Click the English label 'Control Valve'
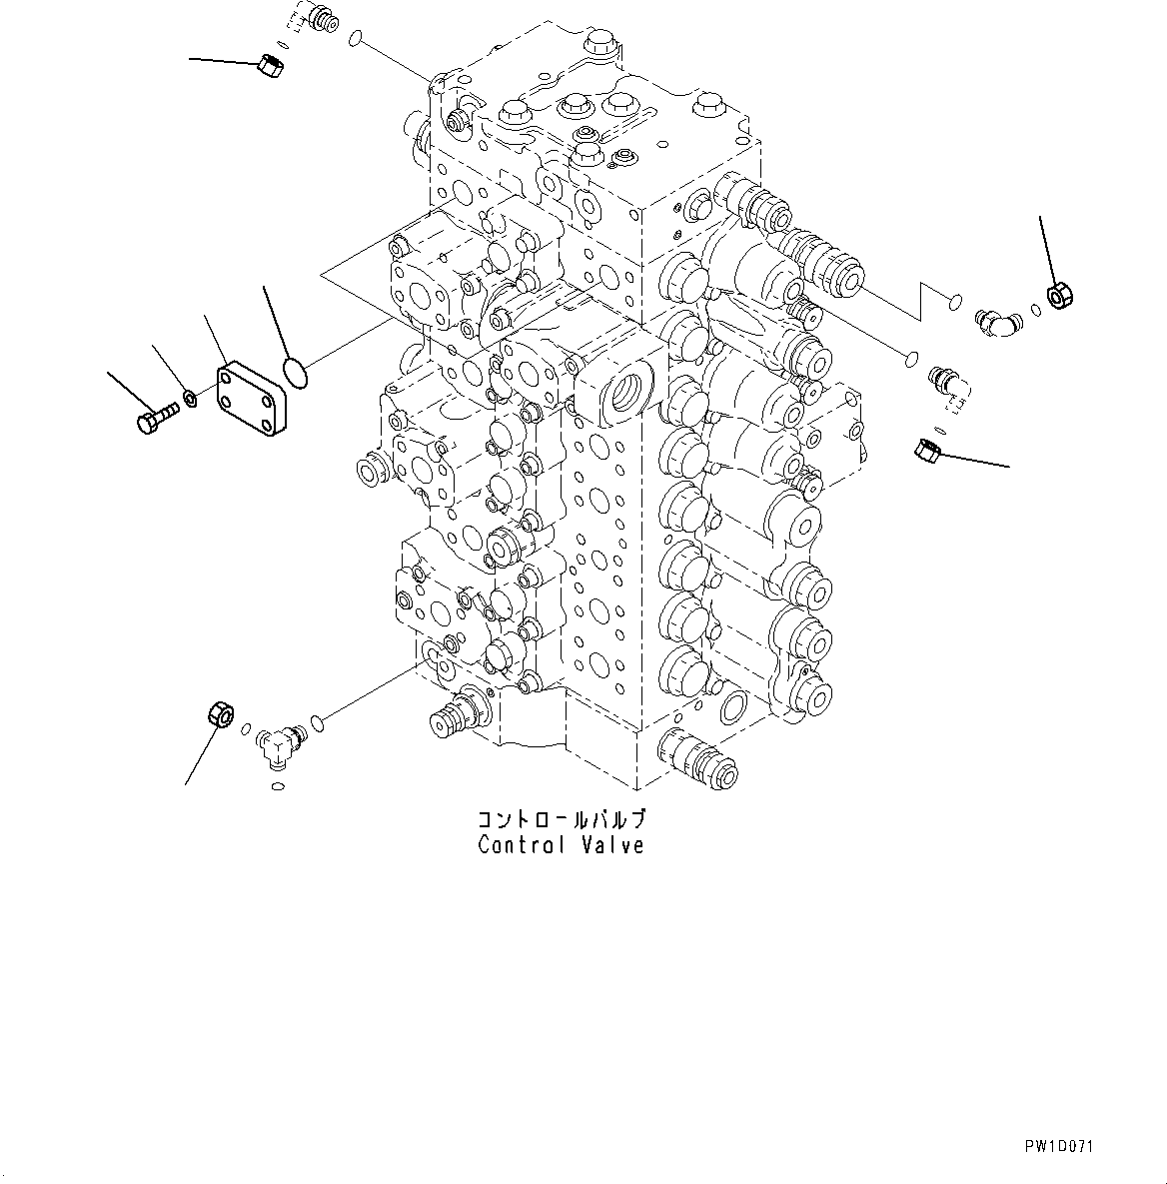coord(561,845)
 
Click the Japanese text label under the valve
coord(561,820)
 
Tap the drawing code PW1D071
coord(1058,1147)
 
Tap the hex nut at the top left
coord(270,66)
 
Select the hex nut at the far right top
coord(1059,295)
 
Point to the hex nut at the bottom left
coord(219,715)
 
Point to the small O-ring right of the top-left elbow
coord(355,40)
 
